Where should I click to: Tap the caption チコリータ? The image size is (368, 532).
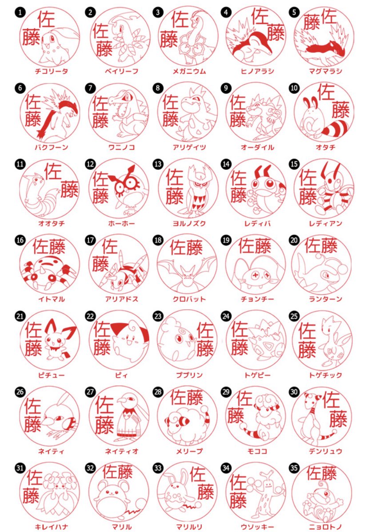pyautogui.click(x=52, y=71)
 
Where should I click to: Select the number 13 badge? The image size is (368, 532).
pyautogui.click(x=157, y=164)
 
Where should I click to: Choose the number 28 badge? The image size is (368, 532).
pyautogui.click(x=157, y=392)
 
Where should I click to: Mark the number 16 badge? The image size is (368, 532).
pyautogui.click(x=20, y=240)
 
